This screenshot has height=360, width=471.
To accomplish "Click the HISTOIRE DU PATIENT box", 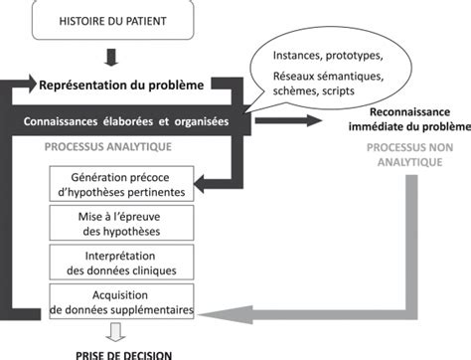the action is tap(112, 21).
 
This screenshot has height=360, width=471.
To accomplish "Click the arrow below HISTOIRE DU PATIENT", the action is tap(111, 58).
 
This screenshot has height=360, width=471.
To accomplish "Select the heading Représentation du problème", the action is tap(121, 86).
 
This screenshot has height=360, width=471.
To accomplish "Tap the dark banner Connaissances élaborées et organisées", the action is tap(126, 120).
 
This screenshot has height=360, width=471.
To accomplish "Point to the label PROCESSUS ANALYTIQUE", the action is tap(108, 147).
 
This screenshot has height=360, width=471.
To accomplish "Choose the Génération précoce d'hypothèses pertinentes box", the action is tap(121, 184).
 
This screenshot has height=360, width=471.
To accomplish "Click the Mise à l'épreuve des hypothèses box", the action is tap(121, 223).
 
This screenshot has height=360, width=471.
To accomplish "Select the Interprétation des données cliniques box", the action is tap(121, 263).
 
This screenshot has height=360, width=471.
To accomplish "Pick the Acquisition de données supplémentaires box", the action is tap(121, 301).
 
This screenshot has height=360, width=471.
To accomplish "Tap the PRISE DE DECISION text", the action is tap(124, 355).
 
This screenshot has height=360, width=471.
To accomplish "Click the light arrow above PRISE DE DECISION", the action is tap(115, 332).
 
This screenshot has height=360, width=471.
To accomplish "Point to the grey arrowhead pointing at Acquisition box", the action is tap(226, 314).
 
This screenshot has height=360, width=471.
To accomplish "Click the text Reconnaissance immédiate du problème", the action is tap(409, 119).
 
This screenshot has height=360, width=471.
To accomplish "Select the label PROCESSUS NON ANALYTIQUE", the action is tap(410, 155).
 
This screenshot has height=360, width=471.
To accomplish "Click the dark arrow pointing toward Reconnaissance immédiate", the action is tap(288, 120).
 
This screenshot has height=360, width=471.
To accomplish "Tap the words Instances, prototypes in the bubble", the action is tap(328, 56).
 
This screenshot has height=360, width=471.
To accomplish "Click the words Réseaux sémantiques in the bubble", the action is tap(328, 77).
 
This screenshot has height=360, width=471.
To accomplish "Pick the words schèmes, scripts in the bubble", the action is tap(314, 91).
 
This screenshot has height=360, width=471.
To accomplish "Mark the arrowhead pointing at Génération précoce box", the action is tap(201, 183).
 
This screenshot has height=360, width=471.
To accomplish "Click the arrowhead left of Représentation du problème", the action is tap(32, 84).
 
